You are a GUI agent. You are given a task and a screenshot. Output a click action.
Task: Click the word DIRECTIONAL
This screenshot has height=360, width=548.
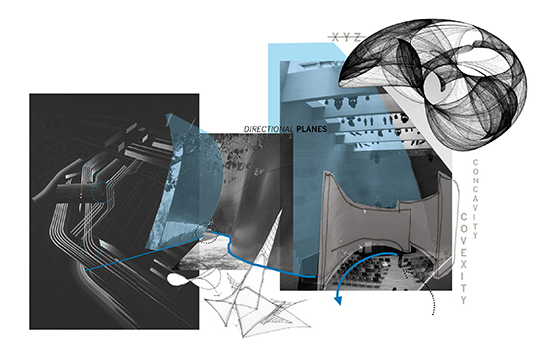(268, 129)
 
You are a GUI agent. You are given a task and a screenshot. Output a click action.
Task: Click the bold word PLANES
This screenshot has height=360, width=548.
(312, 129)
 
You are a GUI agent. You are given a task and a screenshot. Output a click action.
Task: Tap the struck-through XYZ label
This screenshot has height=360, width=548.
(346, 37)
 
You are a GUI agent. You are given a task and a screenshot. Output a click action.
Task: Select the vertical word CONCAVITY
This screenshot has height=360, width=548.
(475, 199)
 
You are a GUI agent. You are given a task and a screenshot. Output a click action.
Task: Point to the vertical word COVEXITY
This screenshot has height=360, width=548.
(463, 258)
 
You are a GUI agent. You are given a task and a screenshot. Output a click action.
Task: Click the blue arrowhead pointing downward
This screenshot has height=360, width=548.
(338, 300)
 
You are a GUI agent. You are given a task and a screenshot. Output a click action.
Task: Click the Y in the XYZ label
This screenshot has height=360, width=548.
(346, 37)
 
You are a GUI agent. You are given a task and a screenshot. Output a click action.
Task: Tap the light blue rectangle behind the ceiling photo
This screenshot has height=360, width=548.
(276, 88)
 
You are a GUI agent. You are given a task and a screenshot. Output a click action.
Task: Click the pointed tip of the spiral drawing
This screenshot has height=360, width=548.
(339, 83)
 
